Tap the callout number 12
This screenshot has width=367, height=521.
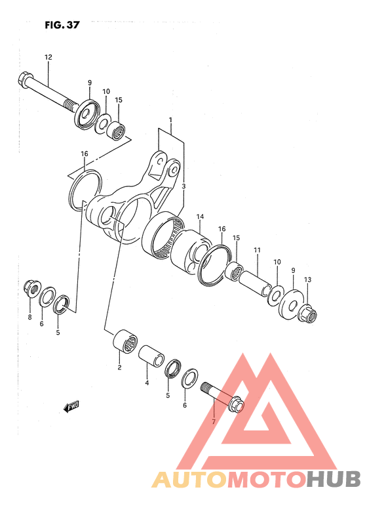(x=48, y=58)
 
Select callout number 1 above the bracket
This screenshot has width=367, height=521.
(x=170, y=120)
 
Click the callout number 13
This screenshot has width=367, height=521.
(x=307, y=280)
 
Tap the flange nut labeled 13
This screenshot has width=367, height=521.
(x=308, y=314)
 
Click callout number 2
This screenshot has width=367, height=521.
(x=119, y=367)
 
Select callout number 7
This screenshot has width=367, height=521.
(x=212, y=420)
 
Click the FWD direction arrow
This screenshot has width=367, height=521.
(x=71, y=407)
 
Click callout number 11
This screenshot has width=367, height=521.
(x=258, y=250)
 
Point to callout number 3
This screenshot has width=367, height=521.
(x=184, y=187)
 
